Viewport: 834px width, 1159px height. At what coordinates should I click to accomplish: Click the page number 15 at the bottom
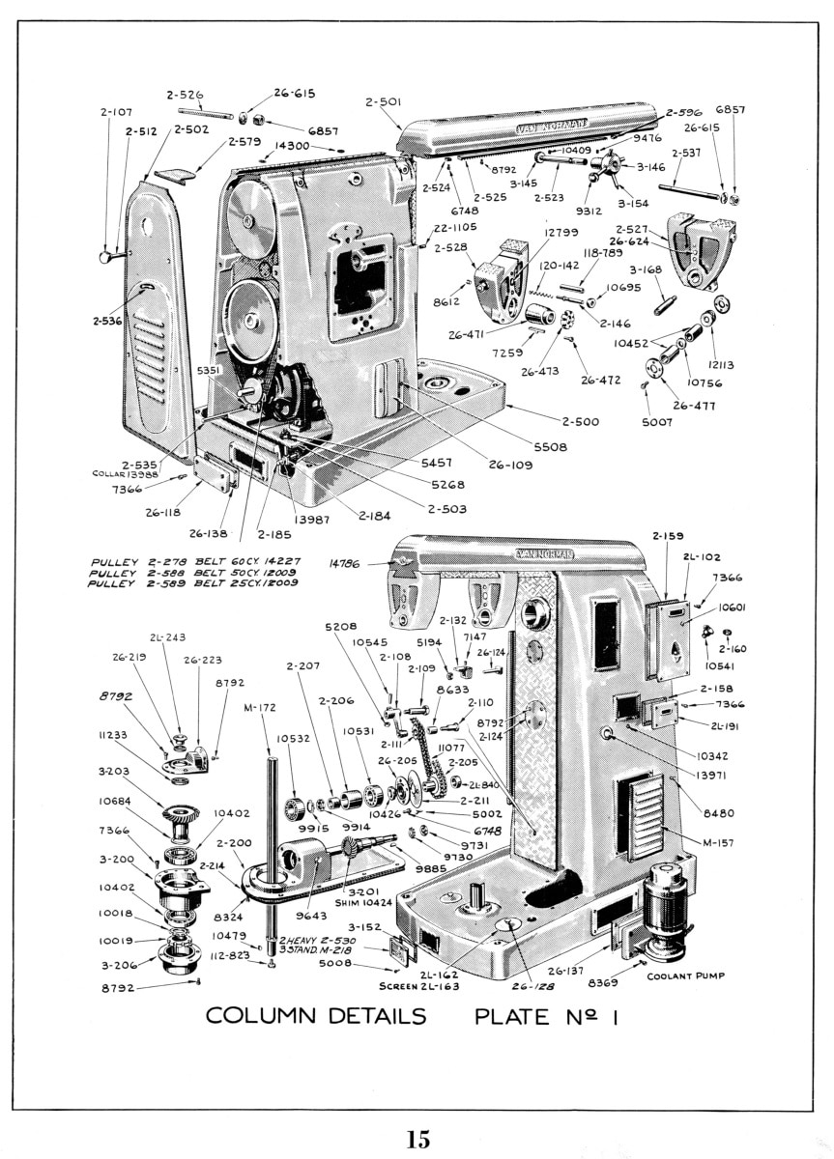coord(417,1139)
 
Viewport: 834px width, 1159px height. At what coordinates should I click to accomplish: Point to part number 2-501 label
coord(384,101)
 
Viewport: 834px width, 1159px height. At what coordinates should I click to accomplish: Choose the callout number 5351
coord(210,369)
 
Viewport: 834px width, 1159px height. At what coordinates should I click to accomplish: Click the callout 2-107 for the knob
coord(115,112)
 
